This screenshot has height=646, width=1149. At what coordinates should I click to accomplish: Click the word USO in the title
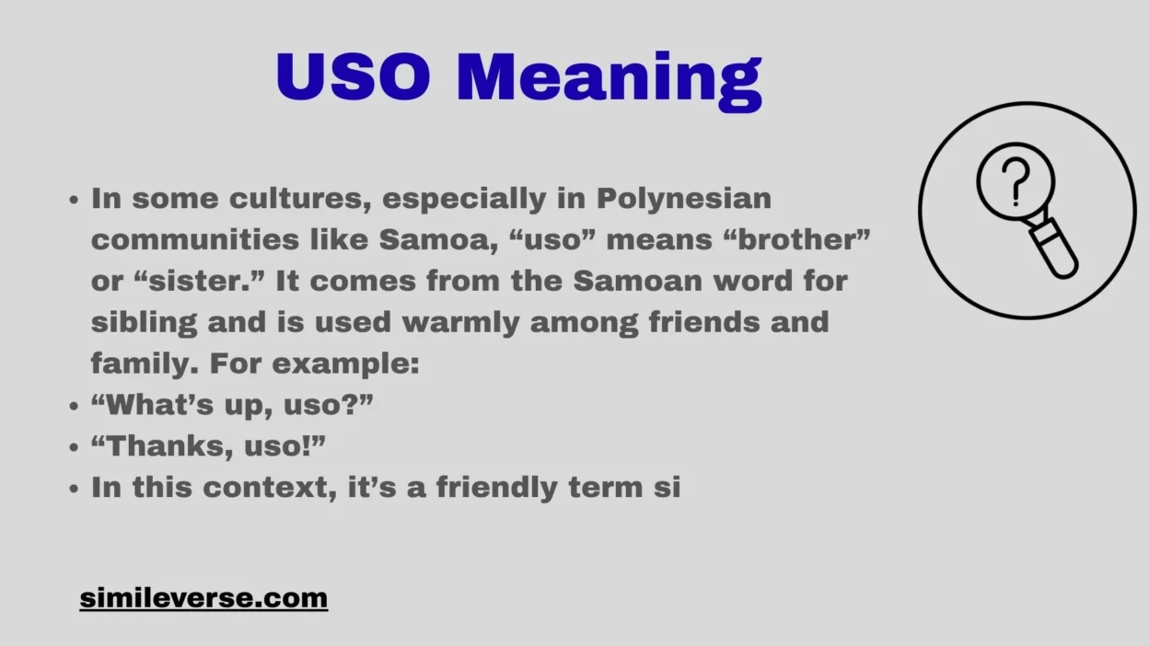click(x=353, y=77)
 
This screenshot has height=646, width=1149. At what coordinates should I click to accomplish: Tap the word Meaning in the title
click(x=609, y=79)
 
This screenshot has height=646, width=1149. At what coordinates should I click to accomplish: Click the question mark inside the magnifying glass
click(x=1015, y=181)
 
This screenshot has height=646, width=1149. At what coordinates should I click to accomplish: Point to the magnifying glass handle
click(x=1055, y=246)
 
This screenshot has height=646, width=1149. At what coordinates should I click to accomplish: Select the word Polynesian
click(x=684, y=199)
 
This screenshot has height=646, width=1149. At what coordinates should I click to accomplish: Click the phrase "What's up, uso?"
click(x=232, y=405)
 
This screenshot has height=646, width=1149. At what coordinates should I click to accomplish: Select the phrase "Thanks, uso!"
click(x=209, y=446)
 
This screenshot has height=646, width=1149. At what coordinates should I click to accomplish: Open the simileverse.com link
click(x=203, y=598)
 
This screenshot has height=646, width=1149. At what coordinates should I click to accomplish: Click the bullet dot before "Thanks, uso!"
click(x=75, y=447)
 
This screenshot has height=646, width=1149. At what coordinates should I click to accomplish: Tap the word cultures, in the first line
click(x=301, y=199)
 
